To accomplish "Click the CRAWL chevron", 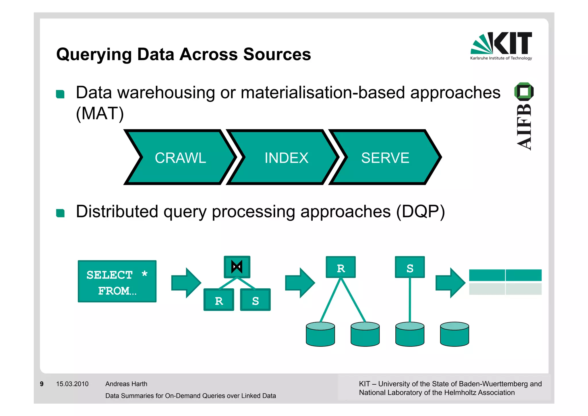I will [x=180, y=158].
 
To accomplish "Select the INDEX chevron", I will [x=286, y=158].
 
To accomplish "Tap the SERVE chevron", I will [x=385, y=158].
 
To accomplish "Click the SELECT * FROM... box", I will [x=117, y=281].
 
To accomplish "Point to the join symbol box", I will [x=237, y=267].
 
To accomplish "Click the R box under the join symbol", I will [x=219, y=300].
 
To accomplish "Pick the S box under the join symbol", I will [x=255, y=300].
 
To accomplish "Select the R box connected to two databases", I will [x=341, y=267].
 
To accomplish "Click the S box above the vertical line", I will [x=410, y=267].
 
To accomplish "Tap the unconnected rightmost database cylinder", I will [x=454, y=334].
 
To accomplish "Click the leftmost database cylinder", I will [x=320, y=334].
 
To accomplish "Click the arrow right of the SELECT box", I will [x=186, y=283].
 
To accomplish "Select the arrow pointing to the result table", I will [x=450, y=283].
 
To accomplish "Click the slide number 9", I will [x=42, y=384].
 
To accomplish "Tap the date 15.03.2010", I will [x=72, y=384].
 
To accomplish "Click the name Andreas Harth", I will [x=126, y=384].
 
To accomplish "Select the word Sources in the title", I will [x=277, y=54].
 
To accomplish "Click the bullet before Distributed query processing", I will [x=60, y=213].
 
